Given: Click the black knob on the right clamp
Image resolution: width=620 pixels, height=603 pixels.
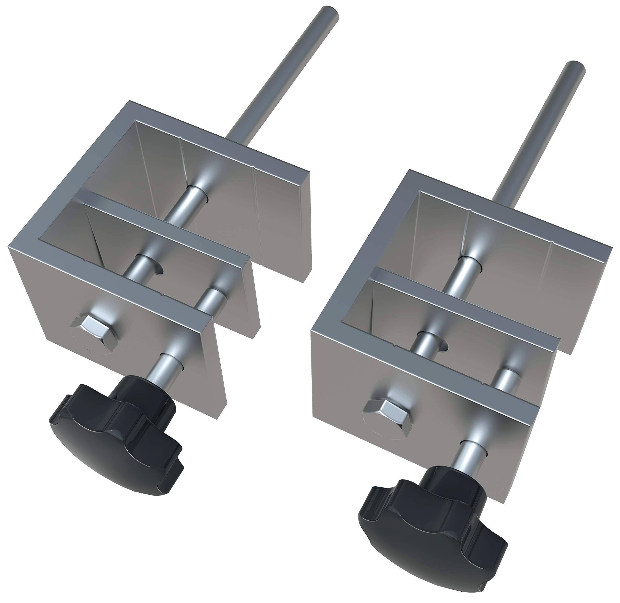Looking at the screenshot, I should tap(431, 535).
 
